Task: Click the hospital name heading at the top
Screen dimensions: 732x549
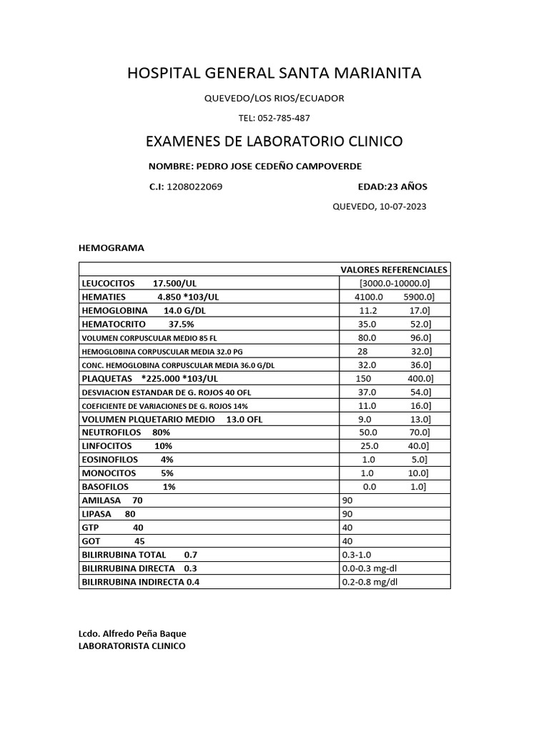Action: coord(274,73)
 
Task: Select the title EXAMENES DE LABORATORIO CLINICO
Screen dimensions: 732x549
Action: coord(274,142)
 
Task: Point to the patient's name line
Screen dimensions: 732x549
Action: coord(255,166)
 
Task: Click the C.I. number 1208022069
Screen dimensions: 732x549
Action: coord(194,187)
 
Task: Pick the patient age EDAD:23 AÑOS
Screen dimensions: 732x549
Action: coord(392,187)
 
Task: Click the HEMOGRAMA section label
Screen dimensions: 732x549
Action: coord(111,248)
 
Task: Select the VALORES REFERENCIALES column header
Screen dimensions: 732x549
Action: coord(394,269)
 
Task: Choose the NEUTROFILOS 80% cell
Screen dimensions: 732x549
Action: coord(126,432)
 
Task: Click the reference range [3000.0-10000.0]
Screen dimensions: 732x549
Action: coord(395,283)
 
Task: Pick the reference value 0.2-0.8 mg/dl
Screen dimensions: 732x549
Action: coord(370,582)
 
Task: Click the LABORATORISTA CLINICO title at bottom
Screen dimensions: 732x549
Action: coord(132,646)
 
